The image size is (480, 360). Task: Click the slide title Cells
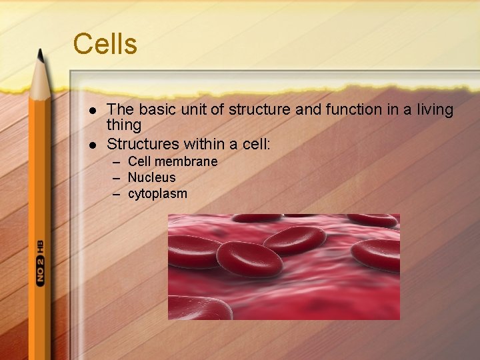(x=105, y=44)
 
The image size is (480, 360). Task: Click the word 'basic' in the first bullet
(x=153, y=109)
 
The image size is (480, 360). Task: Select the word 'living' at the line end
(x=431, y=109)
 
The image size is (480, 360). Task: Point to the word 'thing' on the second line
(x=124, y=125)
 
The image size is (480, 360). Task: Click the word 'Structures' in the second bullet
(x=141, y=143)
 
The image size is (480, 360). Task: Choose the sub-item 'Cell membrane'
(x=172, y=161)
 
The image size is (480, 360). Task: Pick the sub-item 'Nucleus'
(x=151, y=177)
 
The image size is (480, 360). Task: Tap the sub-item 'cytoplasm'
(x=157, y=194)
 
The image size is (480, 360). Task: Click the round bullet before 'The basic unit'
(x=93, y=110)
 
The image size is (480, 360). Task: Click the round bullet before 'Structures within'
(x=93, y=144)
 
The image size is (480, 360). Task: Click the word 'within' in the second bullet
(x=201, y=143)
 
